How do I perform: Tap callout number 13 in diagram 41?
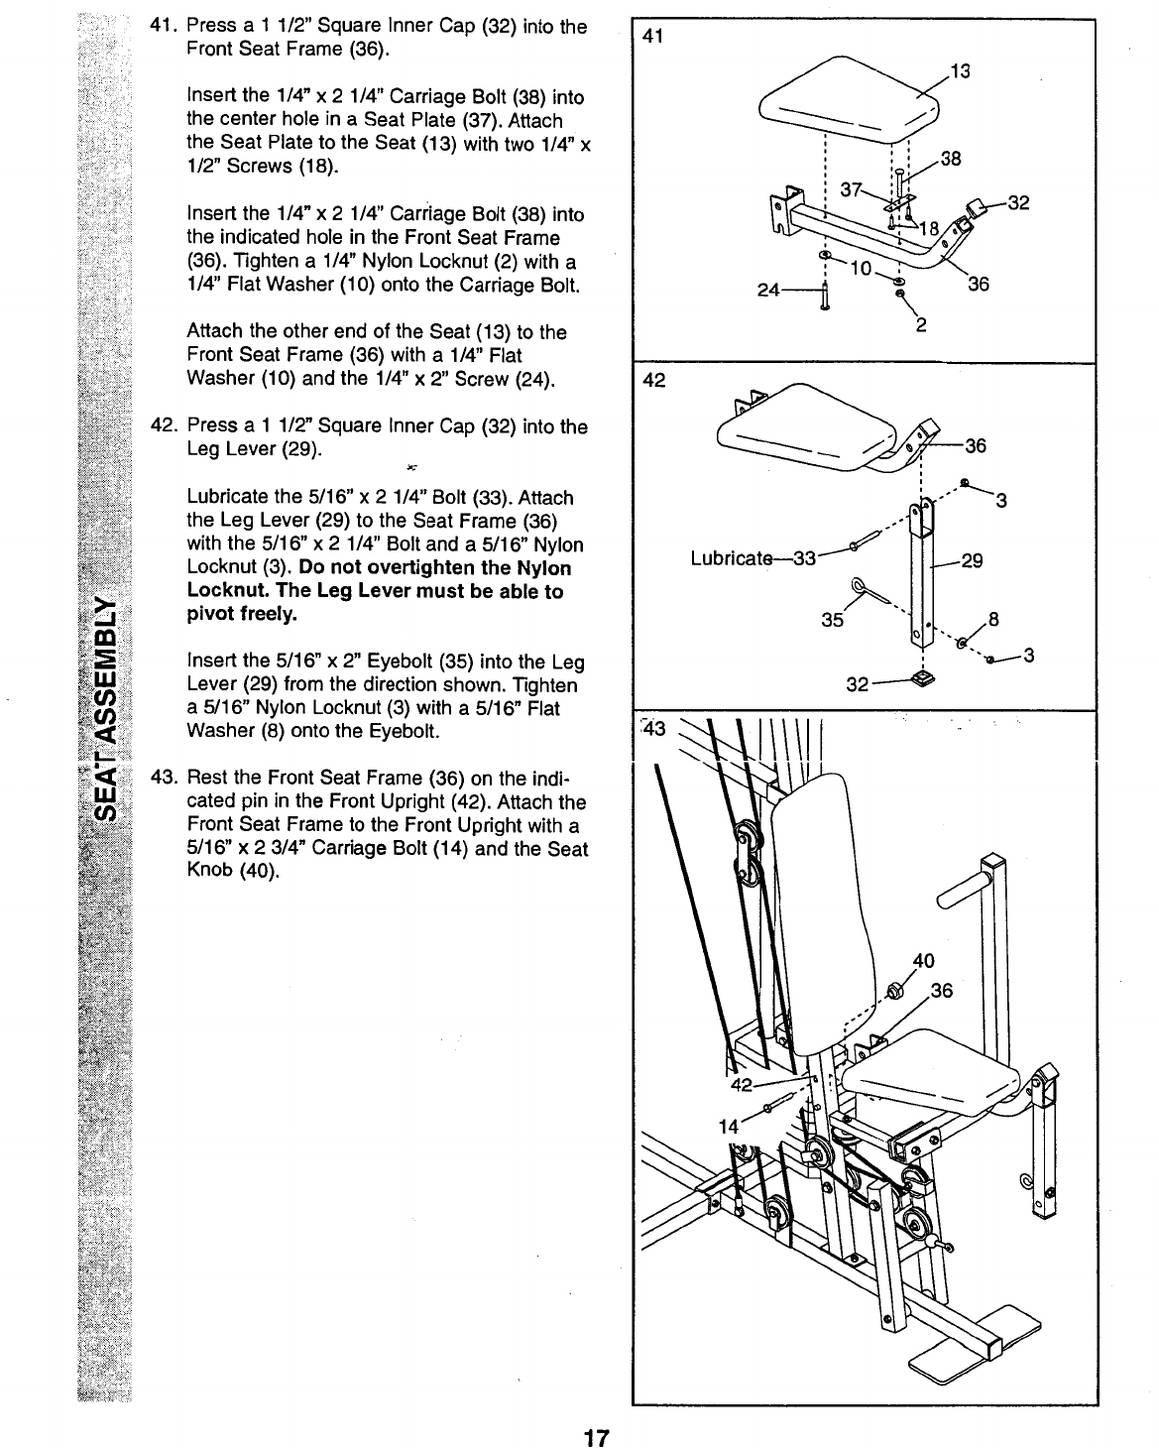point(959,70)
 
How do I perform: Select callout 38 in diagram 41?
point(951,160)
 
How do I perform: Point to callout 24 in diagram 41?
point(766,291)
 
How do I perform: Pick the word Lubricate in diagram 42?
point(732,558)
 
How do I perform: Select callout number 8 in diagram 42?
point(992,621)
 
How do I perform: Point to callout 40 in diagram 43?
point(923,960)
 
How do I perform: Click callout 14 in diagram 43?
point(729,1126)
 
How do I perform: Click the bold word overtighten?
point(423,568)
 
